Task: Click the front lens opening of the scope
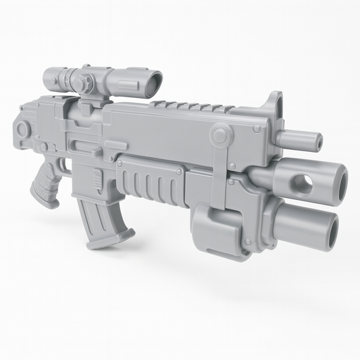(154, 84)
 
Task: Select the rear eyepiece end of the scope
(49, 78)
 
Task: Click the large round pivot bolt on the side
(219, 136)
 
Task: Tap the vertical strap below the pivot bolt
(218, 176)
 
